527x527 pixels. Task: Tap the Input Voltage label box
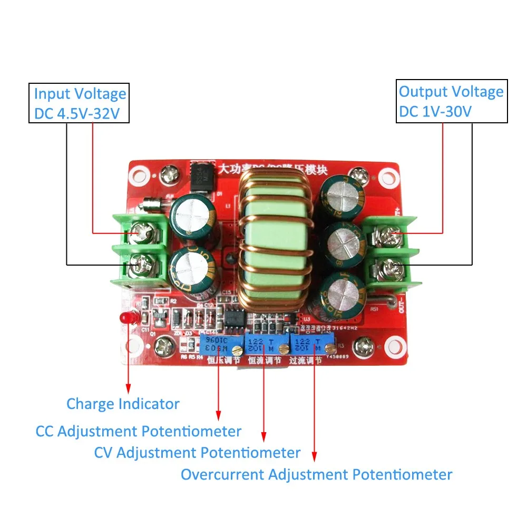79,103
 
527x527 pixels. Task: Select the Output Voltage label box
451,101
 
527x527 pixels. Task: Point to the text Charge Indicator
123,404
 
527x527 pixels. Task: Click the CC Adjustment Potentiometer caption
138,431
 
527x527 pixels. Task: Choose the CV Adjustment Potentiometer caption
197,452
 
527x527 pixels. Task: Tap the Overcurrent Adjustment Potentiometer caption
316,474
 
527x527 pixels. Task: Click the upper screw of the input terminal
140,229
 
